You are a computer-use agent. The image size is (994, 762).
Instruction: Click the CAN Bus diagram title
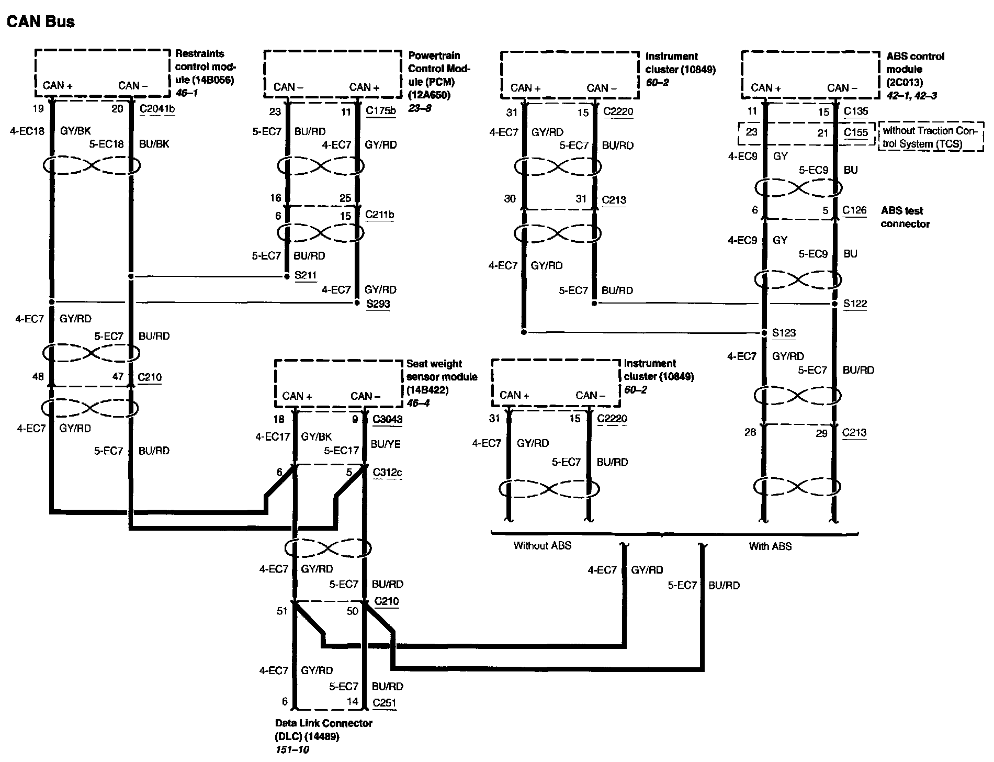40,21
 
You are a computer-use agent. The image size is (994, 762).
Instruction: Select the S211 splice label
306,275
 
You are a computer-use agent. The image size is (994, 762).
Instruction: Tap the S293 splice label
378,304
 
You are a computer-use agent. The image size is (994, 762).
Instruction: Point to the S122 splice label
855,304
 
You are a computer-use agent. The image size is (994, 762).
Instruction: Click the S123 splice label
784,333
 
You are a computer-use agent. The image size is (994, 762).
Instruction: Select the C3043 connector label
388,419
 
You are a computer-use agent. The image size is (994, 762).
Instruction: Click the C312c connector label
388,473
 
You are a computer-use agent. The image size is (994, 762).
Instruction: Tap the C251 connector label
385,703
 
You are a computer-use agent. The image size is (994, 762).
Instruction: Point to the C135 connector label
856,111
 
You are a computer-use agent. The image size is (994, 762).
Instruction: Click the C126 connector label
854,210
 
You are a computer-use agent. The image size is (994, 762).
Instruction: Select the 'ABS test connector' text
905,217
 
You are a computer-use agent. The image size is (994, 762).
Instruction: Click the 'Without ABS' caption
542,545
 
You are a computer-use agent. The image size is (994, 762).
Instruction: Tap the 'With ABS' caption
770,546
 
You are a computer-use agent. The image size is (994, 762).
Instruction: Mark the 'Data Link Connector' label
324,723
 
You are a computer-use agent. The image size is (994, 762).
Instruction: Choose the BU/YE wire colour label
386,444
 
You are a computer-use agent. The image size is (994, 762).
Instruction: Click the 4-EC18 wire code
27,131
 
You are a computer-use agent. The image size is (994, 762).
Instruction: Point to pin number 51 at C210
282,611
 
